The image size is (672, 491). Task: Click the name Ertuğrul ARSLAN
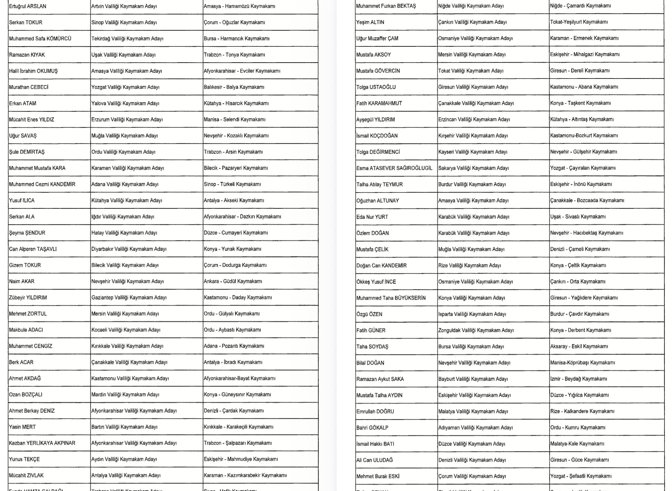[28, 6]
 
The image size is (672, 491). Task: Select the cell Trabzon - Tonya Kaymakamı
[234, 55]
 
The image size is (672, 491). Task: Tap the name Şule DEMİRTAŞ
[27, 152]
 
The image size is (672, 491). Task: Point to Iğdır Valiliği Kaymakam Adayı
[123, 217]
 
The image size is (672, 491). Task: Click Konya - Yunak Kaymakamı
[233, 249]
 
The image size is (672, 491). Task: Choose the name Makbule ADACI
[26, 330]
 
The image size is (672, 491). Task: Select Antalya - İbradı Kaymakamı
[233, 362]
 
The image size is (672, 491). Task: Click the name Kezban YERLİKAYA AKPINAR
[42, 443]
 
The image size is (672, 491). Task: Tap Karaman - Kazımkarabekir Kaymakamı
[245, 475]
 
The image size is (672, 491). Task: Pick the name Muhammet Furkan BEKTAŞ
[386, 6]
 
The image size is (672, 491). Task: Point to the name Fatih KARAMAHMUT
[379, 103]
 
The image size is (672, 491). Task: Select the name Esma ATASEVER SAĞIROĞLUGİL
[394, 168]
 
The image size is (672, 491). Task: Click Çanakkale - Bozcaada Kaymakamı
[587, 201]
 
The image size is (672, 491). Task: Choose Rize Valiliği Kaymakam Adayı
[469, 265]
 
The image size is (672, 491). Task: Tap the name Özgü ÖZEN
[369, 314]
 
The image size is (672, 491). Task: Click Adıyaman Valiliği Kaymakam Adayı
[475, 428]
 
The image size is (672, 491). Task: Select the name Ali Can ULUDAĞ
[375, 460]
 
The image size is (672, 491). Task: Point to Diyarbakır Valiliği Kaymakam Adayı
[129, 249]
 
